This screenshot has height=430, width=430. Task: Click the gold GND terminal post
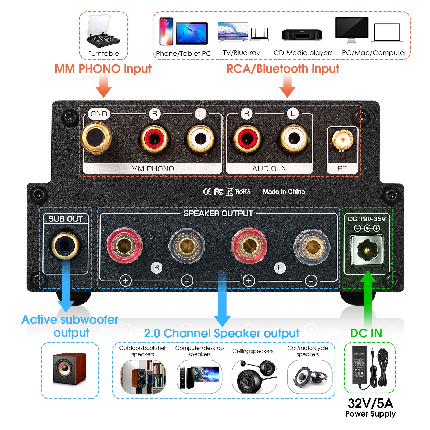click(x=96, y=137)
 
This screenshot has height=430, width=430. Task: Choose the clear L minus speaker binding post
click(x=312, y=246)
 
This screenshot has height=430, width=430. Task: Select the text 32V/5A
click(x=370, y=403)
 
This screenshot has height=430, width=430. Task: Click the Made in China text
click(x=284, y=192)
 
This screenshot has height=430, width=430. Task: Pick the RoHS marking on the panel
click(x=243, y=192)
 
